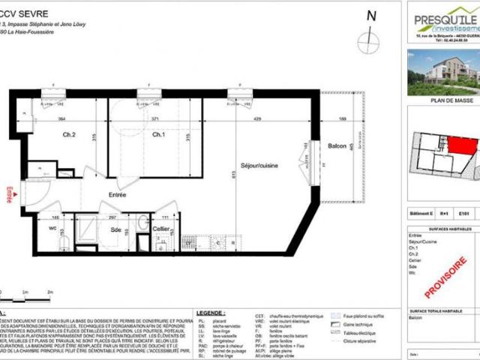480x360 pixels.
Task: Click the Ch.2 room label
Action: coord(70,135)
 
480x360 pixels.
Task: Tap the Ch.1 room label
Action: coord(158,135)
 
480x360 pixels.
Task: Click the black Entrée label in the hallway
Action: coord(117,195)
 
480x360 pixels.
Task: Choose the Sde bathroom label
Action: coord(116,230)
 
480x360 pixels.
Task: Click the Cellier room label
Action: coord(161,229)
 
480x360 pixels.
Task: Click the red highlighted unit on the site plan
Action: coord(457,146)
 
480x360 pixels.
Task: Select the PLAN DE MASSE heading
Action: coord(444,97)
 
